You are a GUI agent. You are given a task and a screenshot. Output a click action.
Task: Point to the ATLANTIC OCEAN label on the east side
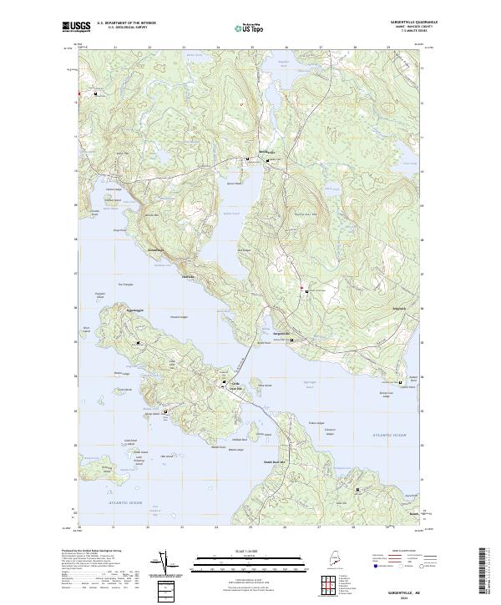pyautogui.click(x=387, y=435)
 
